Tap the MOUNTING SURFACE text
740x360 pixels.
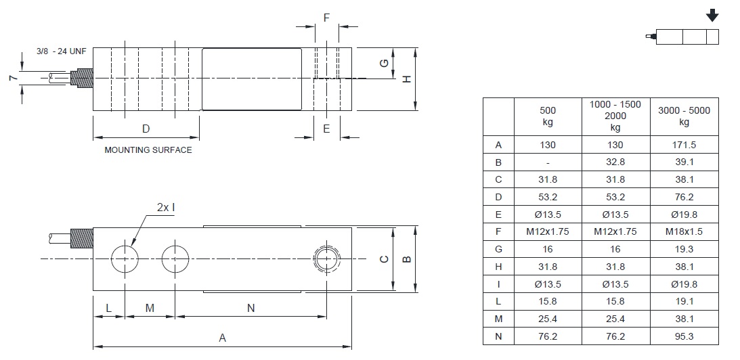[x=148, y=150]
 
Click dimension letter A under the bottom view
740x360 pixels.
[x=222, y=338]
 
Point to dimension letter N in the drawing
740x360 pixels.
[x=251, y=308]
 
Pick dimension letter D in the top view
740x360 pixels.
[x=146, y=129]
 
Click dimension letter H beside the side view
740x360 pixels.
[x=407, y=79]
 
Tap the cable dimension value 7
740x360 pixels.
[x=12, y=78]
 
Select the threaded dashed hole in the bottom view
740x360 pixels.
[x=328, y=258]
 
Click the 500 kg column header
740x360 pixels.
[x=548, y=116]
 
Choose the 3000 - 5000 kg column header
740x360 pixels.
[x=684, y=116]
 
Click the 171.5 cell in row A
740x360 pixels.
[x=684, y=145]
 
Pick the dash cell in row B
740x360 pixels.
[x=548, y=163]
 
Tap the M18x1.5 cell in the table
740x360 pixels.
[x=684, y=232]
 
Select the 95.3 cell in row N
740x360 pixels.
[x=684, y=336]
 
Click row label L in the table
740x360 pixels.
[x=498, y=301]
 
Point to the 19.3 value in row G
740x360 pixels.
[x=684, y=249]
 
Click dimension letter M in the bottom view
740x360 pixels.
[x=150, y=308]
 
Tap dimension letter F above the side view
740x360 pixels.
[x=326, y=18]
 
